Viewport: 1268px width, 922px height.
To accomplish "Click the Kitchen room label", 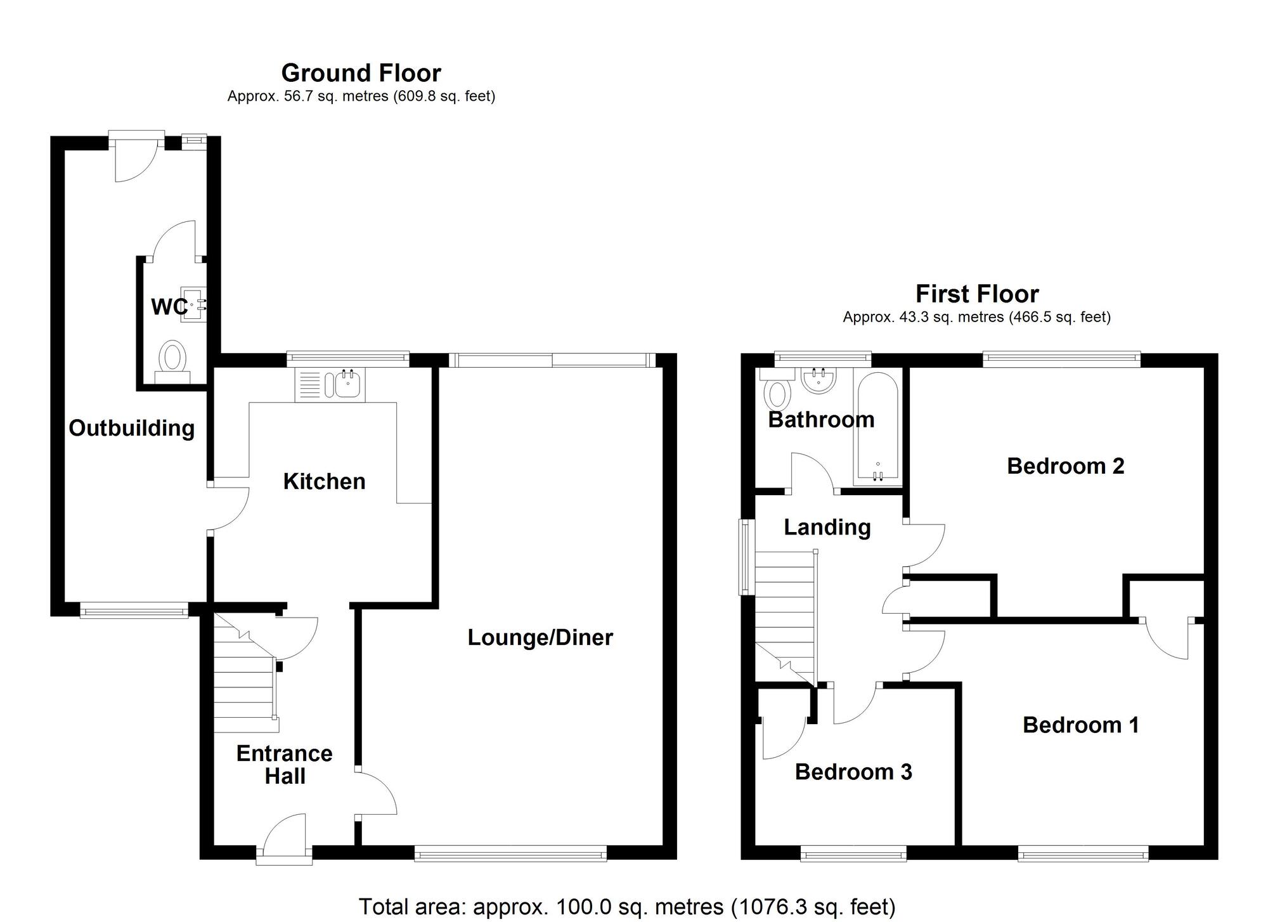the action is coord(324,481).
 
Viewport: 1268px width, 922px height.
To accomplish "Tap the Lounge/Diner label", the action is coord(540,637).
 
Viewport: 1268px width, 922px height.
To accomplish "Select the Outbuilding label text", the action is coord(131,428).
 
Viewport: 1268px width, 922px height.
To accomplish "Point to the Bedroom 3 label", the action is coord(853,772).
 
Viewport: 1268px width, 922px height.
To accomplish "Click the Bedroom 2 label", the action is coord(1065,466).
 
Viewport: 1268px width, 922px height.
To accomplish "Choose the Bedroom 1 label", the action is coord(1080,725).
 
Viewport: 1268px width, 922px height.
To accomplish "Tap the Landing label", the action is coord(827,528).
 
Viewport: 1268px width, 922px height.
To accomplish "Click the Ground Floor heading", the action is coord(361,73).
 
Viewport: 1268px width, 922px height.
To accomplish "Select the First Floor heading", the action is coord(977,294).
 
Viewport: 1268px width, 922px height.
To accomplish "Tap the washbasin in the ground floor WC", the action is coord(193,306).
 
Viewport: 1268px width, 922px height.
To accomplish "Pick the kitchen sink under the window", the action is coord(330,385).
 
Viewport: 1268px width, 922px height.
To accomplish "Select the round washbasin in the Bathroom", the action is coord(819,380).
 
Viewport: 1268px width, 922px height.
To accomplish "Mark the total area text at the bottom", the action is coord(627,907).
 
